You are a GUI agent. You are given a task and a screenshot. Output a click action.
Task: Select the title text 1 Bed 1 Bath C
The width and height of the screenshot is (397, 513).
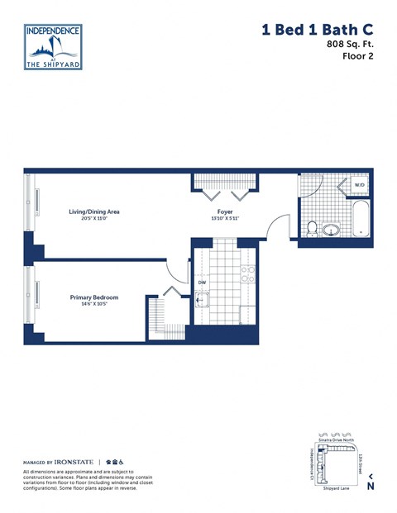[317, 31]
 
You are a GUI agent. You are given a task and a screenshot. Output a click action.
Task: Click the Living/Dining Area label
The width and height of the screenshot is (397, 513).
[94, 211]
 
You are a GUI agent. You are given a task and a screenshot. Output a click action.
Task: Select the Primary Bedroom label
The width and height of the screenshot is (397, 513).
[94, 297]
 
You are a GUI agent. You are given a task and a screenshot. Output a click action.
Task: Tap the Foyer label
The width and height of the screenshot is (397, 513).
[225, 211]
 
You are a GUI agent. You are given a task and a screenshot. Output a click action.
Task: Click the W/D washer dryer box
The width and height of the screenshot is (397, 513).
[360, 186]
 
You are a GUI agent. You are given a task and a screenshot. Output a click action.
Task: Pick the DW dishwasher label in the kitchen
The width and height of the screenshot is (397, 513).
[201, 282]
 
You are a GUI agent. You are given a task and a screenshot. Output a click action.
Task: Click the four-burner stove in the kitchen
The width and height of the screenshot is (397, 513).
[246, 274]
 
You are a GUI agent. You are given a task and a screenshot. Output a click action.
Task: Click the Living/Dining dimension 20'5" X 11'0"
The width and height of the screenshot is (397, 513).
[94, 219]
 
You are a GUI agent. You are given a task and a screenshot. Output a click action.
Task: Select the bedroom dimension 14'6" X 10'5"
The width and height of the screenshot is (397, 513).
[94, 305]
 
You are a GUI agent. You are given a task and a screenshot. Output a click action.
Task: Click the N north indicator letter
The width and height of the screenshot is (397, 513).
[371, 487]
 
